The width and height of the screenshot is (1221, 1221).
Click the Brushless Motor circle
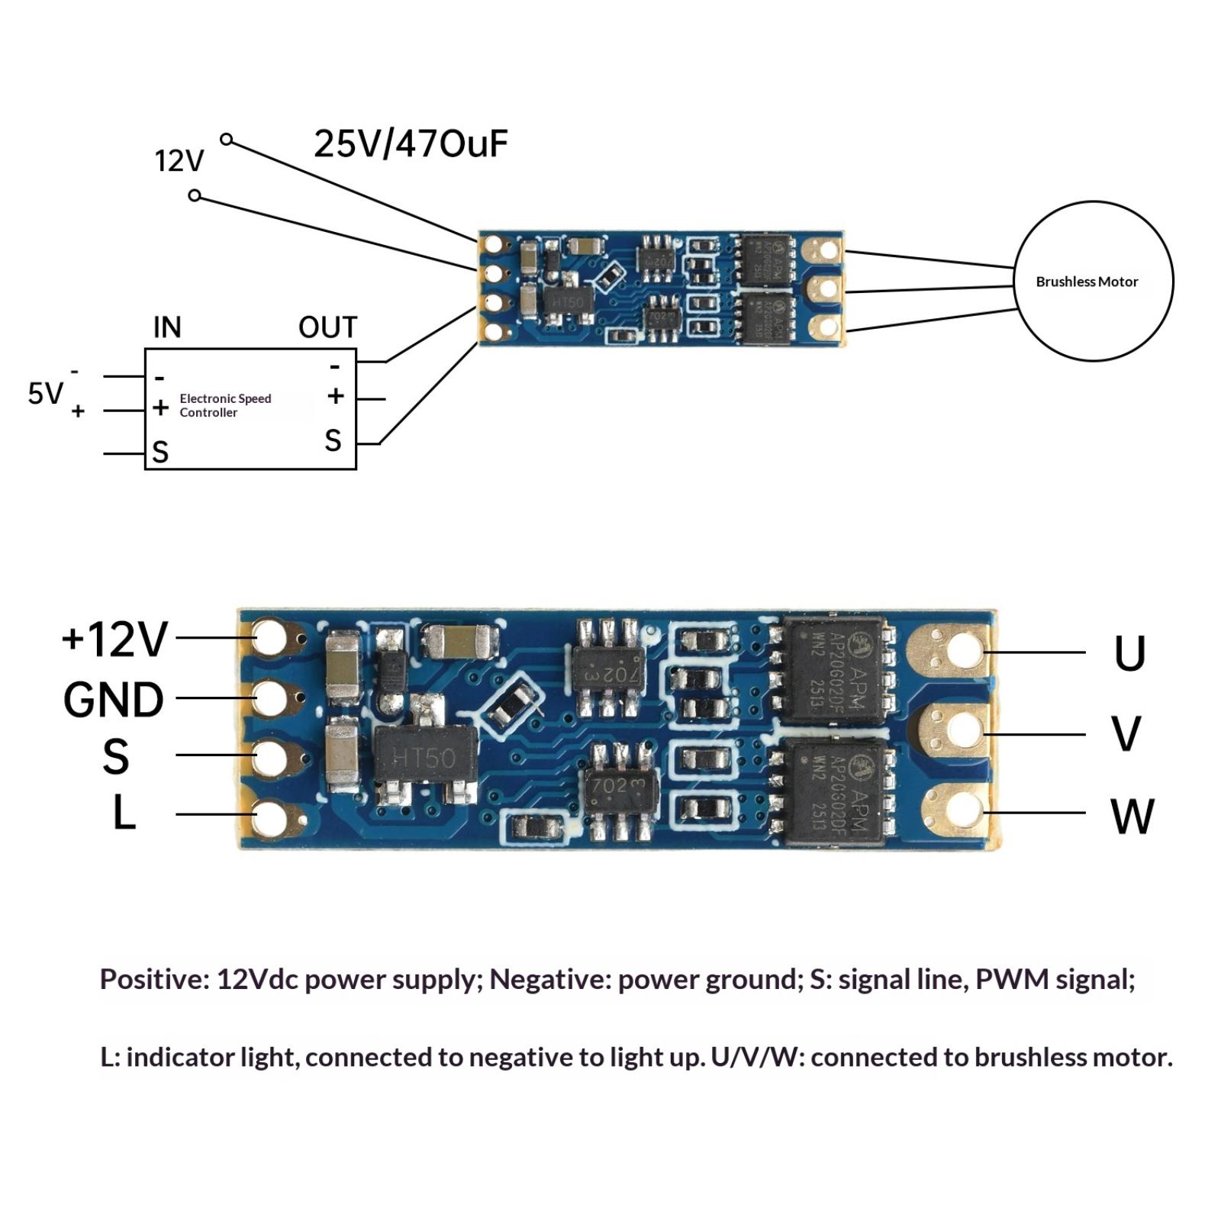tap(1092, 281)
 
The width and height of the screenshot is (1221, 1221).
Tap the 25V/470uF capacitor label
tap(411, 143)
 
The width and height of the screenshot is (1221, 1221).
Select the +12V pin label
tap(114, 639)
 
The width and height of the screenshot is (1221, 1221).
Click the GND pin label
tap(113, 699)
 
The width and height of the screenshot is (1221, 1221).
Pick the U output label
tap(1129, 653)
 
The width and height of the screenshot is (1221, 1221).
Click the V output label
tap(1126, 733)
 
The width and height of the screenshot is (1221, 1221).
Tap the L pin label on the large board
tap(124, 813)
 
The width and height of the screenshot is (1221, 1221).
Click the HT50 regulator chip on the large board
tap(424, 757)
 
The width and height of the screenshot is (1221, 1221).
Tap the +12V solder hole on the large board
tap(269, 637)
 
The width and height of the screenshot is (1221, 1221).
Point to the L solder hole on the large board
tap(269, 818)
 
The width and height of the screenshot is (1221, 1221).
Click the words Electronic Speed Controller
tap(225, 405)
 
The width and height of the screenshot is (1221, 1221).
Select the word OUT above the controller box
tap(327, 327)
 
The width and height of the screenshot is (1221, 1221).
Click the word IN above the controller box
tap(167, 327)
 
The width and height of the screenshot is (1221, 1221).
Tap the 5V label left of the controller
tap(45, 394)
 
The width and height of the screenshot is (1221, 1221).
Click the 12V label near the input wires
tap(179, 162)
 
